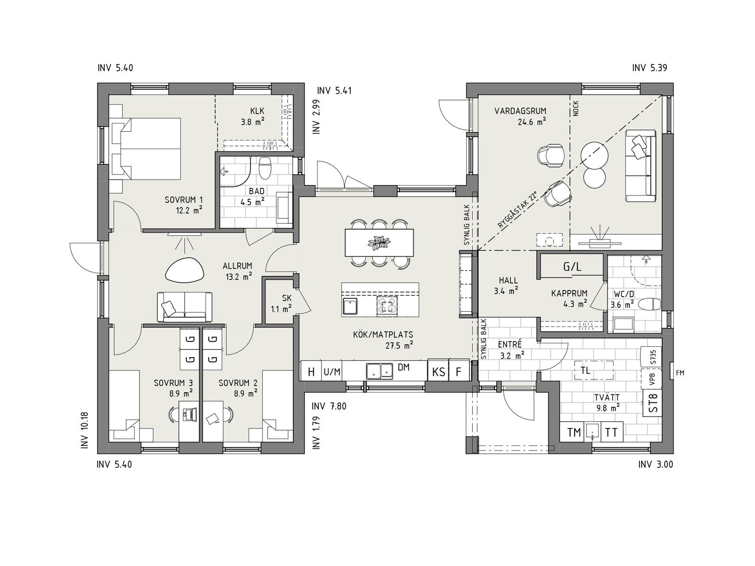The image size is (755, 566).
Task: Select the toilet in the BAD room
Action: (x=265, y=168)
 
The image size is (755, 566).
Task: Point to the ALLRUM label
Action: (x=238, y=266)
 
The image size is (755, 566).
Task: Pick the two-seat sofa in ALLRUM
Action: (x=184, y=306)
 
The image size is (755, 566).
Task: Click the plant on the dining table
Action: (x=379, y=242)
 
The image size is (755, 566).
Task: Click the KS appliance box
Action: (x=439, y=372)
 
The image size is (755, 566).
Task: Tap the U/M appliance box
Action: (x=332, y=372)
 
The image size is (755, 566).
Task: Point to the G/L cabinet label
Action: (x=572, y=267)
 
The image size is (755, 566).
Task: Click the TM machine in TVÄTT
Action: (x=574, y=432)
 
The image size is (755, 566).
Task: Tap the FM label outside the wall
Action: (x=680, y=373)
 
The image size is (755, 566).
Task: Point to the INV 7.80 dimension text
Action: (x=329, y=406)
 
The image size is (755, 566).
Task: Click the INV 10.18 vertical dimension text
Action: (x=85, y=431)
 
